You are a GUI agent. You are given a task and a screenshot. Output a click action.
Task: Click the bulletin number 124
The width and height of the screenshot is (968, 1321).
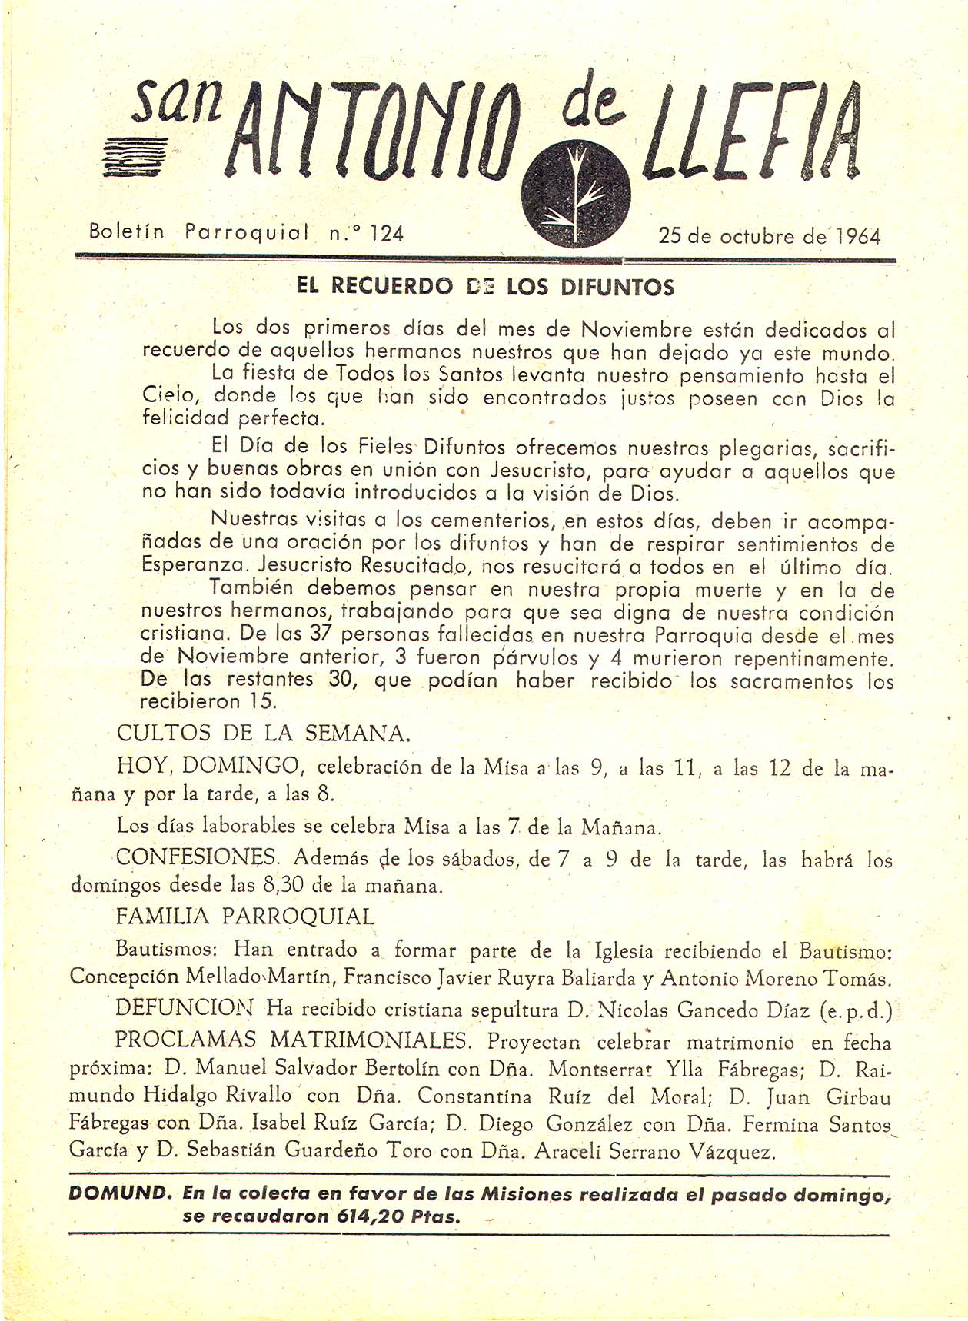(386, 232)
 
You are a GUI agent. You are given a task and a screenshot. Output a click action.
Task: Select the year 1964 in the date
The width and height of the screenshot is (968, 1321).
(857, 235)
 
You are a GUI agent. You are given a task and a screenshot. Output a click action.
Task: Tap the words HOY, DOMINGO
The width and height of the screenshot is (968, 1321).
(208, 765)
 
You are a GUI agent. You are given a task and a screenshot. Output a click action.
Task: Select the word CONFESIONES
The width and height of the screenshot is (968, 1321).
(197, 857)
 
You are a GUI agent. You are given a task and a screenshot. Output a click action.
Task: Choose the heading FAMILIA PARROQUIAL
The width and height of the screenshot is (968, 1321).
(245, 917)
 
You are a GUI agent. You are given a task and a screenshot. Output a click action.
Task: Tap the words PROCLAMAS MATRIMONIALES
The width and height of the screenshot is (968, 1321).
(291, 1041)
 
